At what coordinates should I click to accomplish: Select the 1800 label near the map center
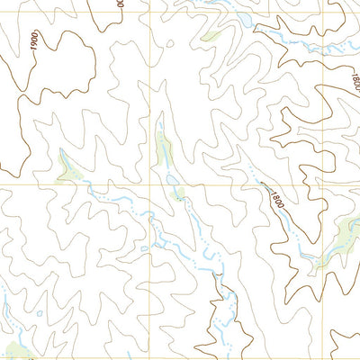tap(274, 197)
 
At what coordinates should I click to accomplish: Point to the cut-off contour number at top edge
tap(120, 4)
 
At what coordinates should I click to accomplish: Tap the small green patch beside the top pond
tap(211, 37)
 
